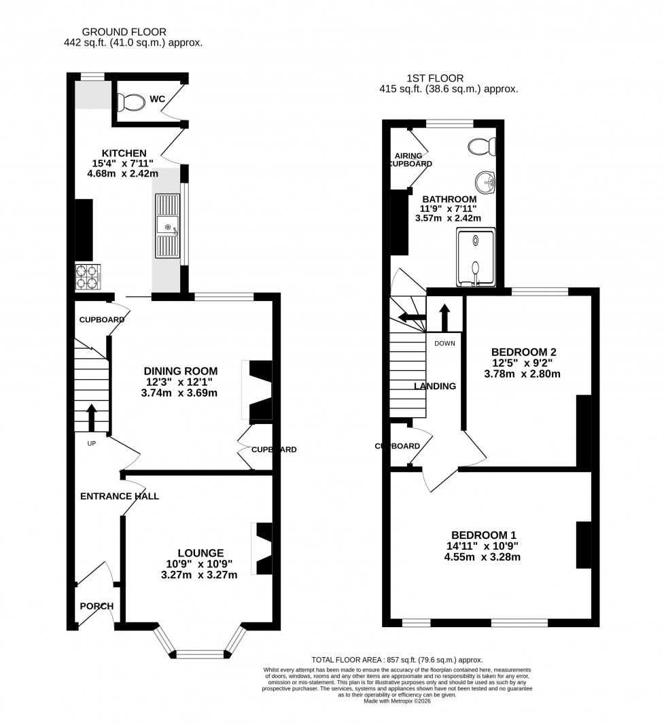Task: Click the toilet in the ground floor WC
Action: click(x=130, y=103)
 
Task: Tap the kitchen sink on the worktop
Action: click(x=167, y=226)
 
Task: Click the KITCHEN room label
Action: click(x=124, y=153)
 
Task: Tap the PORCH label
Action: click(x=97, y=606)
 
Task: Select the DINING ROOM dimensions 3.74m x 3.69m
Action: click(x=180, y=393)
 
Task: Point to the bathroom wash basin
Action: click(x=487, y=181)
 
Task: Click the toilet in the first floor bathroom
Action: click(x=484, y=146)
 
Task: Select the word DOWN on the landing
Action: click(x=444, y=343)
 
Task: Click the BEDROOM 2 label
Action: click(x=524, y=352)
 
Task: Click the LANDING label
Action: click(x=435, y=386)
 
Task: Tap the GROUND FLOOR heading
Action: click(x=124, y=31)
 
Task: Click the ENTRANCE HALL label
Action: click(x=120, y=496)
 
